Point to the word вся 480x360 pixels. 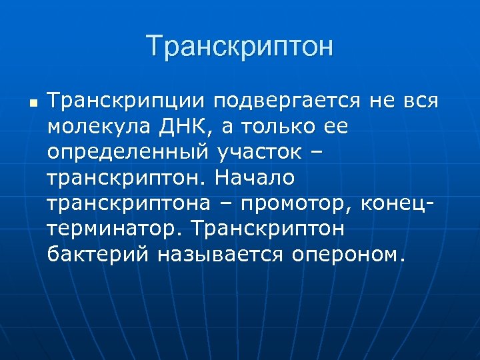click(x=420, y=102)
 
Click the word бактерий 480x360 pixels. click(x=98, y=254)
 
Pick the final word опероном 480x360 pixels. click(x=357, y=254)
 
